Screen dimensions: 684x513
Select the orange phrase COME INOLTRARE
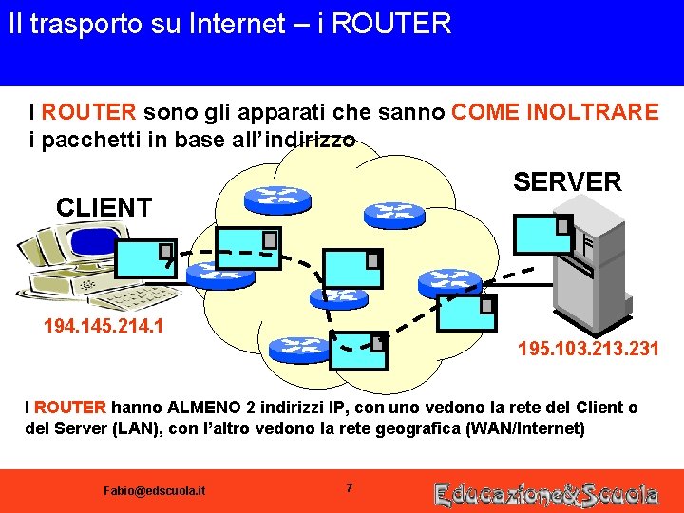[555, 112]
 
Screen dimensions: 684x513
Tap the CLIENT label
[104, 207]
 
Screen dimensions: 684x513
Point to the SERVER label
[567, 181]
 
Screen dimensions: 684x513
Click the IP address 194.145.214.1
[104, 328]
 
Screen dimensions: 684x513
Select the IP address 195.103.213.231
[588, 350]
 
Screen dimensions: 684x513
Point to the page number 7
[349, 488]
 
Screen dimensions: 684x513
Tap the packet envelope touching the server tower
[542, 234]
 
